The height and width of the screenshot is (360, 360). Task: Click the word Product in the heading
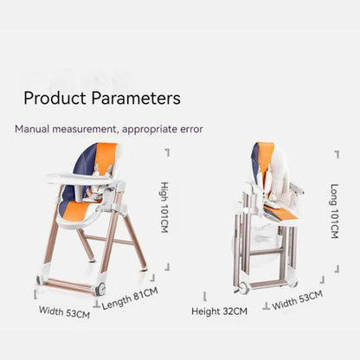[x=55, y=98]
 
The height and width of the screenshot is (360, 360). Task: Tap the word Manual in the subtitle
[x=33, y=130]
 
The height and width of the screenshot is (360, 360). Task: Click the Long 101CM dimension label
[x=335, y=213]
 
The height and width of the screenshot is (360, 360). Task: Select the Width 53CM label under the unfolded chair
[x=64, y=312]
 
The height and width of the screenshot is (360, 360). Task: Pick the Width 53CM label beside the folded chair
[x=297, y=300]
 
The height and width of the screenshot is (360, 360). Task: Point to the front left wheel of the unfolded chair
[x=41, y=280]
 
